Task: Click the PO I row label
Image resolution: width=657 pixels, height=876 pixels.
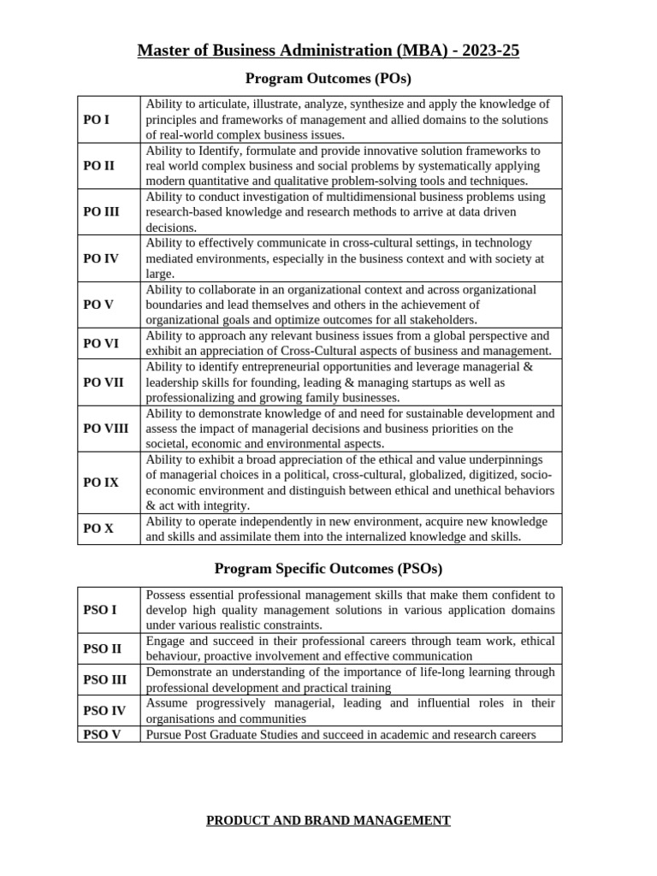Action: coord(96,120)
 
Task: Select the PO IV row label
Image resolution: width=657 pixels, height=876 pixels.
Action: coord(101,258)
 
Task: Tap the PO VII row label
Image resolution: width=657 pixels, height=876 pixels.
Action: coord(104,382)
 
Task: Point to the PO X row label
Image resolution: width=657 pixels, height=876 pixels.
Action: coord(98,529)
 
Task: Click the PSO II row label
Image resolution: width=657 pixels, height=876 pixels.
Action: coord(102,648)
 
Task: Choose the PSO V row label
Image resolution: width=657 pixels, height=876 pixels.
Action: coord(102,734)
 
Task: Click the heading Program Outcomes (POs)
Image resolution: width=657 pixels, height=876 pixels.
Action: coord(328,79)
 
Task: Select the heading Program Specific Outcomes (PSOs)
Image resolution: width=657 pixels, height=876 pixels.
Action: coord(328,568)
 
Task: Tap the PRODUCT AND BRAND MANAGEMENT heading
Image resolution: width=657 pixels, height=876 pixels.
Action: coord(328,820)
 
